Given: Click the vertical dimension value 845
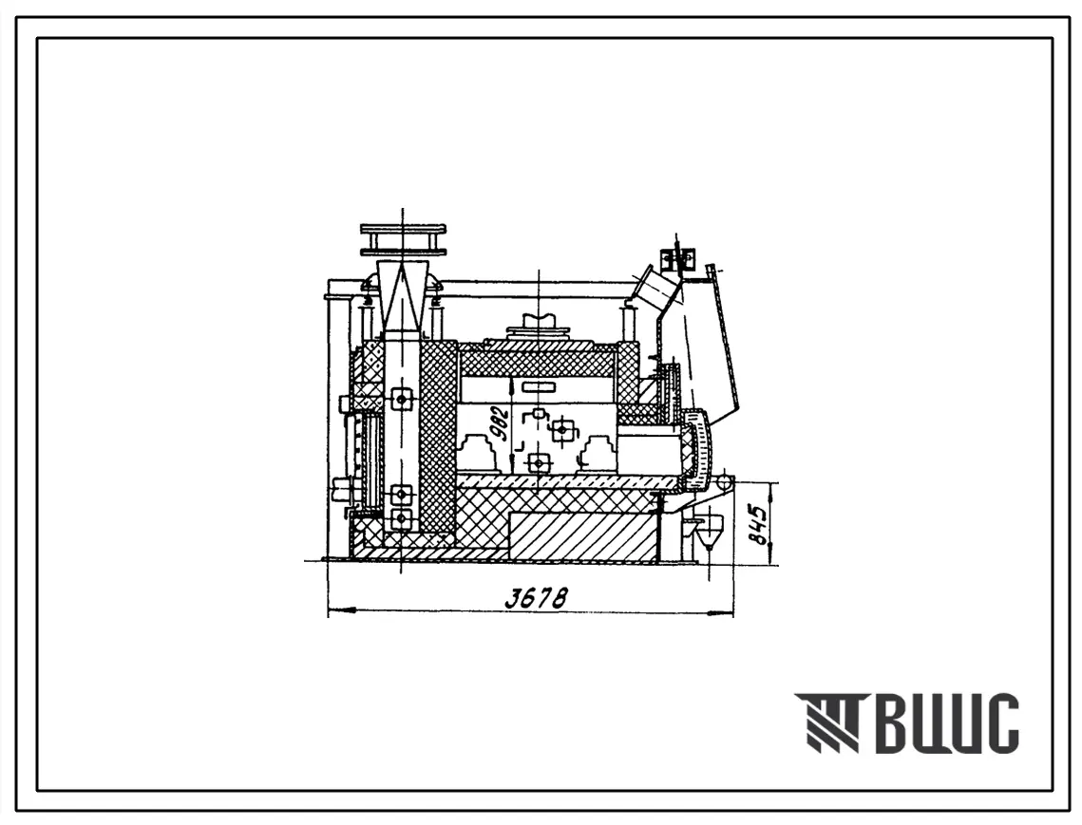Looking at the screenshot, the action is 760,526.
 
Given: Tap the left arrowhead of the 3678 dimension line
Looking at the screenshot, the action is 341,609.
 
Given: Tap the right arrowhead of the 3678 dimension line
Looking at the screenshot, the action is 720,609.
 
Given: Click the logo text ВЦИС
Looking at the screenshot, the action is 944,722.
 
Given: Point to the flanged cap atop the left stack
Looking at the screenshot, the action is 402,238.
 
